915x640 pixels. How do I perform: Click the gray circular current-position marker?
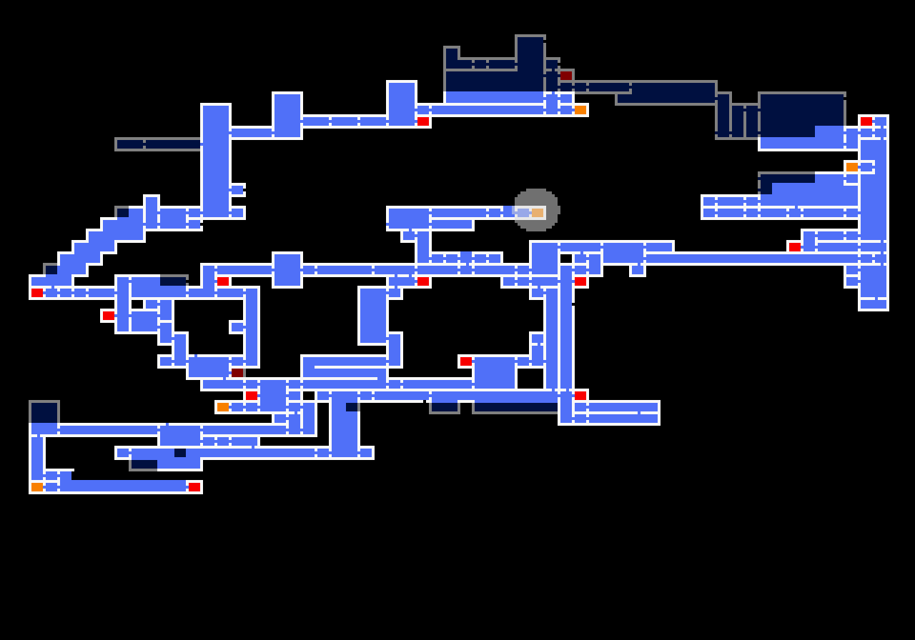tap(536, 210)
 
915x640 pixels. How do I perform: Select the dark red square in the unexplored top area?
tap(566, 75)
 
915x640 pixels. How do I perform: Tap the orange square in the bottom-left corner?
tap(37, 487)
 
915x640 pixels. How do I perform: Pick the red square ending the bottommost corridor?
tap(194, 487)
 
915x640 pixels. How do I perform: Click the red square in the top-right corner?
tap(866, 121)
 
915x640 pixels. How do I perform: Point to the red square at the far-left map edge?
tap(37, 293)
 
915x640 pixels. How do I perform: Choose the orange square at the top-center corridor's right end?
tap(580, 110)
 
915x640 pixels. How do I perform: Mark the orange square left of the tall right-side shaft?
tap(852, 167)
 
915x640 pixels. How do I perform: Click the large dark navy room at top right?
tap(801, 114)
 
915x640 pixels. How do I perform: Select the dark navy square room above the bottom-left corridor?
tap(44, 413)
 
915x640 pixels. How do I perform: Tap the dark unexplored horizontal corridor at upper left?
tap(159, 144)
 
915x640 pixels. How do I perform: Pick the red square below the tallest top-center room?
tap(423, 121)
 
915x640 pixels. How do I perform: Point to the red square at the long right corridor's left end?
tap(795, 247)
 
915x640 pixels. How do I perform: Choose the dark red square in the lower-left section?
tap(237, 373)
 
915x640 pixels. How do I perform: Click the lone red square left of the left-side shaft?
tap(109, 316)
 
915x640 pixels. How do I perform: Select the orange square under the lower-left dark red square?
tap(223, 407)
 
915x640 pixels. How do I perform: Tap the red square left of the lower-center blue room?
tap(466, 361)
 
